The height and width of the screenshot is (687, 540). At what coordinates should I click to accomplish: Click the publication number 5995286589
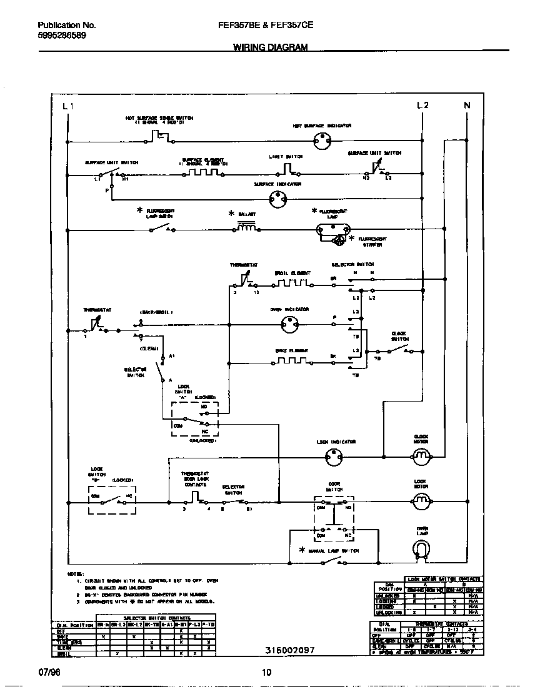pos(62,36)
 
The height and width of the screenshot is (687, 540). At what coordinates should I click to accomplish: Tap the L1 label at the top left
pos(69,106)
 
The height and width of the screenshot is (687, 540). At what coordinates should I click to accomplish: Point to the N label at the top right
pos(466,106)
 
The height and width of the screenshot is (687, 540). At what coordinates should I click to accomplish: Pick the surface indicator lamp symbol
pos(277,199)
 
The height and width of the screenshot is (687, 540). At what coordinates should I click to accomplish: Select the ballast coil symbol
pos(246,229)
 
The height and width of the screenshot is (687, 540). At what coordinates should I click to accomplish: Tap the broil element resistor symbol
pos(292,284)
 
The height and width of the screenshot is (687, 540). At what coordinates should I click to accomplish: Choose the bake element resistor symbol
pos(292,361)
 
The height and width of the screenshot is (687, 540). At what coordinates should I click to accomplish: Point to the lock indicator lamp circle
pos(334,458)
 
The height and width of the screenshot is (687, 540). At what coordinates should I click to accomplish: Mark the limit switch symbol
pos(286,169)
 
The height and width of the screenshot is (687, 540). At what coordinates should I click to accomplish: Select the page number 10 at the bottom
pos(267,673)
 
